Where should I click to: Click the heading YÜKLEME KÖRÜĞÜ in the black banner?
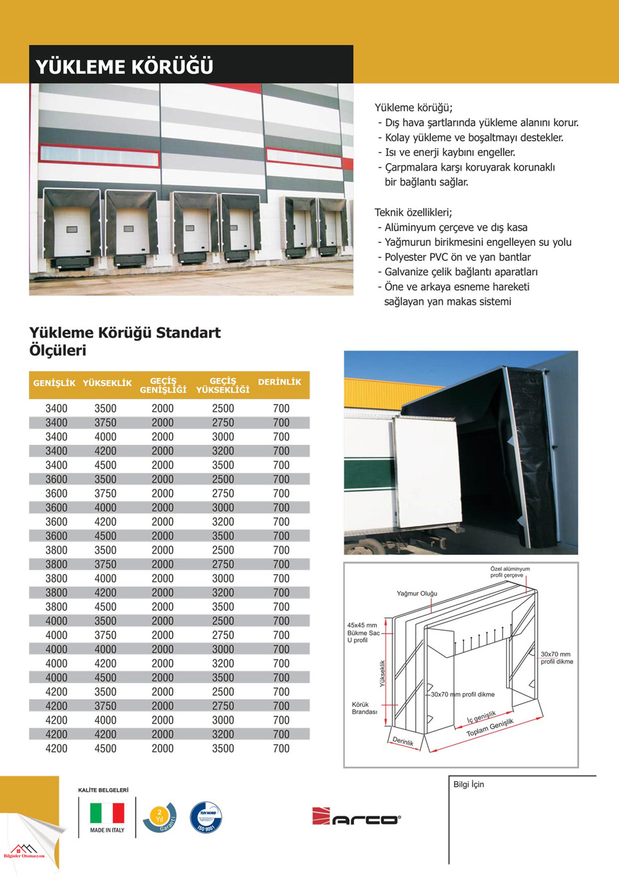click(124, 66)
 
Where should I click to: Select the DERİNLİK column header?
click(279, 382)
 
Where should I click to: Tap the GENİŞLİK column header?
click(54, 383)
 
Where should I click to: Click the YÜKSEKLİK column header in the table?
click(107, 383)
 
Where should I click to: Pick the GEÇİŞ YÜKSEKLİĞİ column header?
click(222, 385)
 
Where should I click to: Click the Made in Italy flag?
click(107, 813)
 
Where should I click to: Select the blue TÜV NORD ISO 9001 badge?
click(206, 817)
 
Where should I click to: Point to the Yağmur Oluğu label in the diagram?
click(417, 593)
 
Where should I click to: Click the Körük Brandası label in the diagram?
click(364, 708)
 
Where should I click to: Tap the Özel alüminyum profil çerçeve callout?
click(509, 572)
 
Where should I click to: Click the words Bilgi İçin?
click(468, 784)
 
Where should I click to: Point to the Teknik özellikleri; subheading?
click(413, 212)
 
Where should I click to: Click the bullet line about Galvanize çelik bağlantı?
click(460, 272)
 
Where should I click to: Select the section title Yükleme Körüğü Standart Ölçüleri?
click(124, 341)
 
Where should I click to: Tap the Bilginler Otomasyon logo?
click(24, 851)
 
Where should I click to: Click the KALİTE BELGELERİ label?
click(103, 790)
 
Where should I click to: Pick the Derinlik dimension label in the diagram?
click(403, 741)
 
